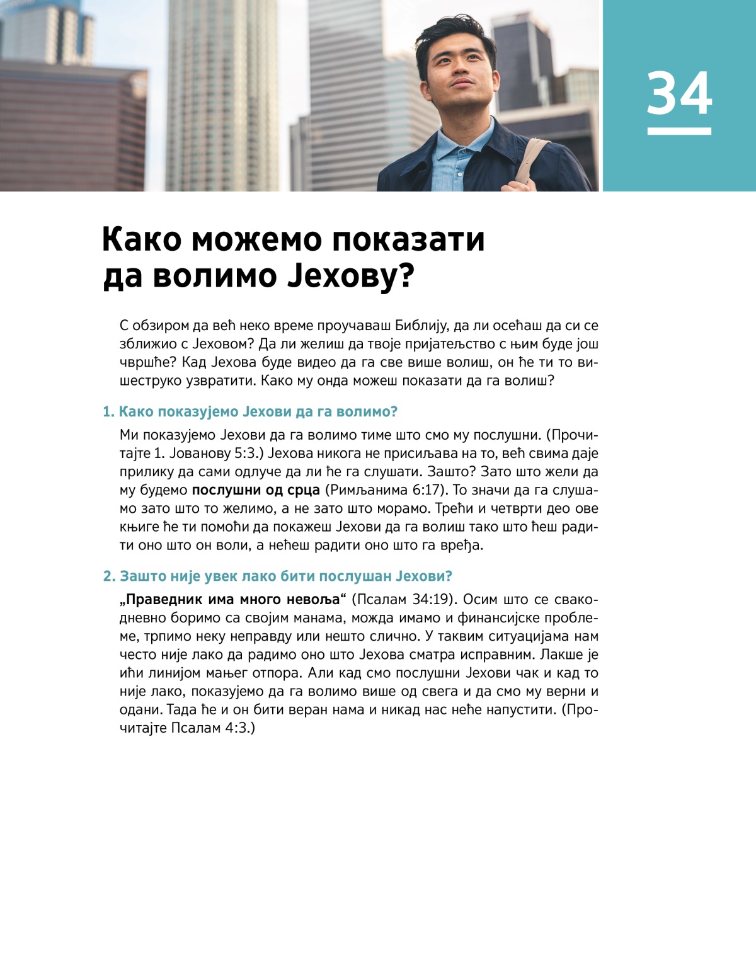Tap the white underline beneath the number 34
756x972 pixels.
click(x=679, y=131)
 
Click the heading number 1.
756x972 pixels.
click(x=108, y=412)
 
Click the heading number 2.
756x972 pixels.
click(x=110, y=576)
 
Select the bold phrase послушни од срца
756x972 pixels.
click(x=256, y=490)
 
